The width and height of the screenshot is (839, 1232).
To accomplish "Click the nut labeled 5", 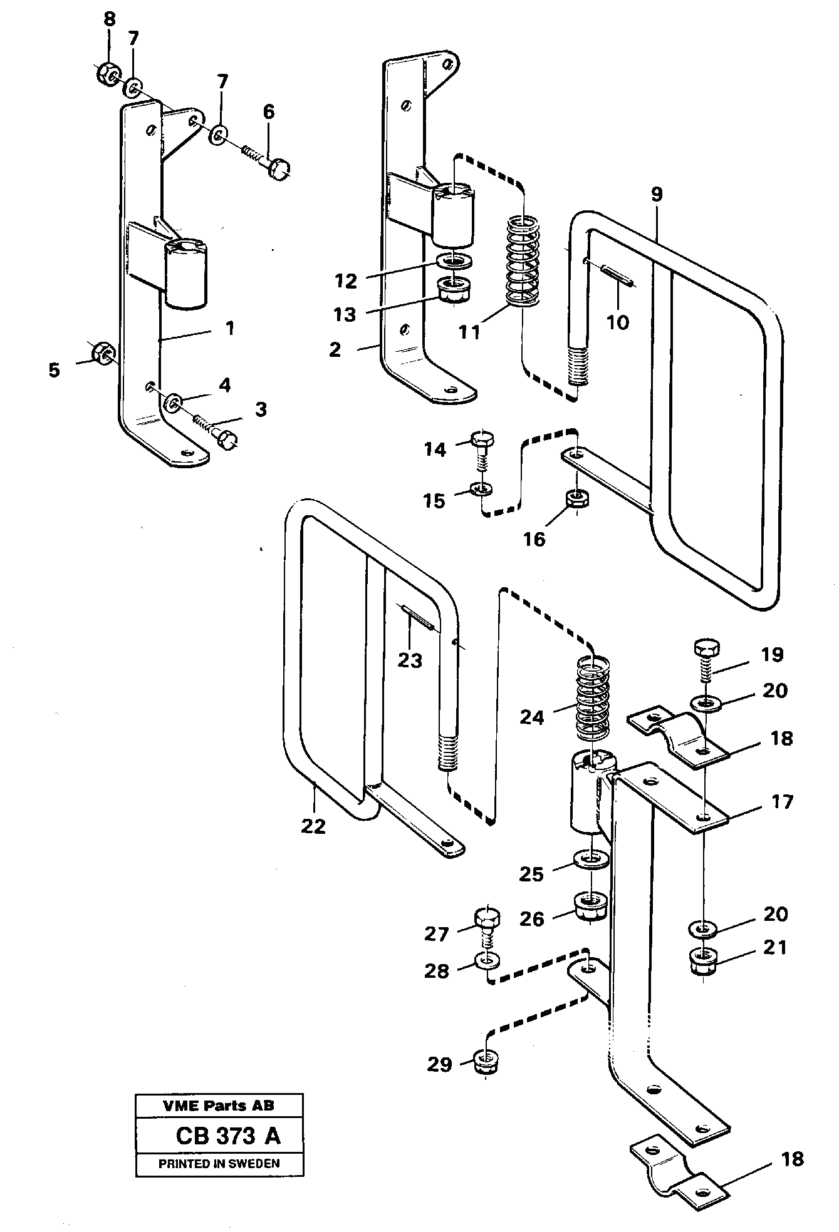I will (102, 354).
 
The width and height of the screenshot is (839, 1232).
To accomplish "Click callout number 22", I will (313, 826).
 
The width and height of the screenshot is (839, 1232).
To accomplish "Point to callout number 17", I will (782, 802).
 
